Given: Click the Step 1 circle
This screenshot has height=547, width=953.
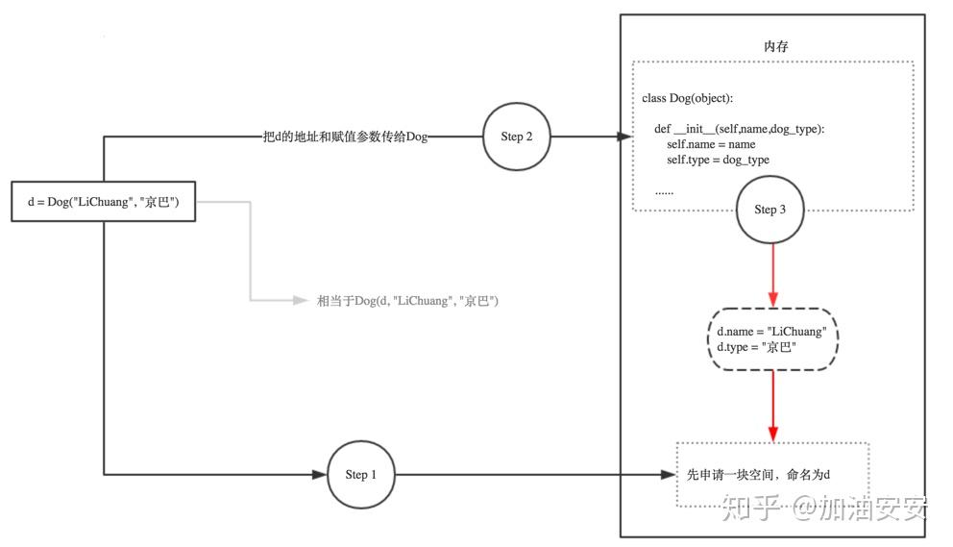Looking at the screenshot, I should coord(360,474).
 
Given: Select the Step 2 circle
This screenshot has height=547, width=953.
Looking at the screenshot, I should coord(517,137).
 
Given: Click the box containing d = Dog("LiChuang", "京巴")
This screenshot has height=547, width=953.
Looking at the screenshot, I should coord(105,201).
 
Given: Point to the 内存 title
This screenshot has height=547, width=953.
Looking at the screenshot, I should coord(775,46).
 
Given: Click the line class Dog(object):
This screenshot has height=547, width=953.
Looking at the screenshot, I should coord(689,99).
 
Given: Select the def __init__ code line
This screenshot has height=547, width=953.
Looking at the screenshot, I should coord(740,129).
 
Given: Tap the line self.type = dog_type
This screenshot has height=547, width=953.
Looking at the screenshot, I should coord(718,160).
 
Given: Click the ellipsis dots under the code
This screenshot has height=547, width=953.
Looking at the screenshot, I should coord(664,190).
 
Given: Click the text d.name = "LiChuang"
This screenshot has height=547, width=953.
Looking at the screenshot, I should coord(771,332).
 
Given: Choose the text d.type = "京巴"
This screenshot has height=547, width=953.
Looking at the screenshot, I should coord(757,347).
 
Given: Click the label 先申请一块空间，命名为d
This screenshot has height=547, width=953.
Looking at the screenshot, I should coord(758,475).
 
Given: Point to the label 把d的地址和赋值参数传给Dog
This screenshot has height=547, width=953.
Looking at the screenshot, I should coord(345,137).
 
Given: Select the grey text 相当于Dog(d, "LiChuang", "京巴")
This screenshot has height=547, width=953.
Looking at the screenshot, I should coord(407,301).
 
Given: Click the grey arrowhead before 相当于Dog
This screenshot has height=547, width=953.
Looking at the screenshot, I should coord(299,301).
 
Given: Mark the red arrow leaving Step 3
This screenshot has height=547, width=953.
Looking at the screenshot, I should coord(773,274).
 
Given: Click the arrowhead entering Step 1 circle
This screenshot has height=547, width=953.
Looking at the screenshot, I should coord(321,474).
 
